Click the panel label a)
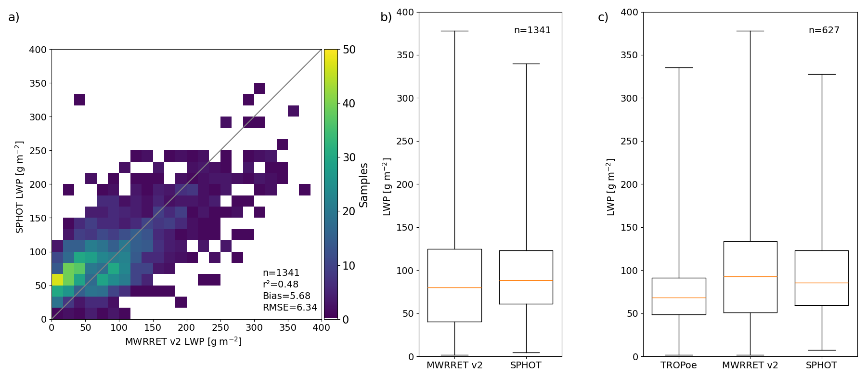(14, 17)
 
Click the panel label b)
(386, 17)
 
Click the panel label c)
(603, 17)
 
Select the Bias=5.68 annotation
(286, 296)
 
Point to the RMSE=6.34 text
(290, 308)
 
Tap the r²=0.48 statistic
(281, 285)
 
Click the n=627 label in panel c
(824, 30)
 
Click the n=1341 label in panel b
(532, 30)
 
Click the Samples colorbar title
(363, 185)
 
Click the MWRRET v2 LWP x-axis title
(183, 341)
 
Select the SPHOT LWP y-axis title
(20, 187)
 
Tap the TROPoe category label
(678, 365)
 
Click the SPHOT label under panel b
(526, 365)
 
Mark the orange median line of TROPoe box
(679, 298)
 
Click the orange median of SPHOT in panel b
(526, 280)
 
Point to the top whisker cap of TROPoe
(679, 68)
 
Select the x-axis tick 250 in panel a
(220, 328)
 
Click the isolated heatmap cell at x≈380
(304, 190)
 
